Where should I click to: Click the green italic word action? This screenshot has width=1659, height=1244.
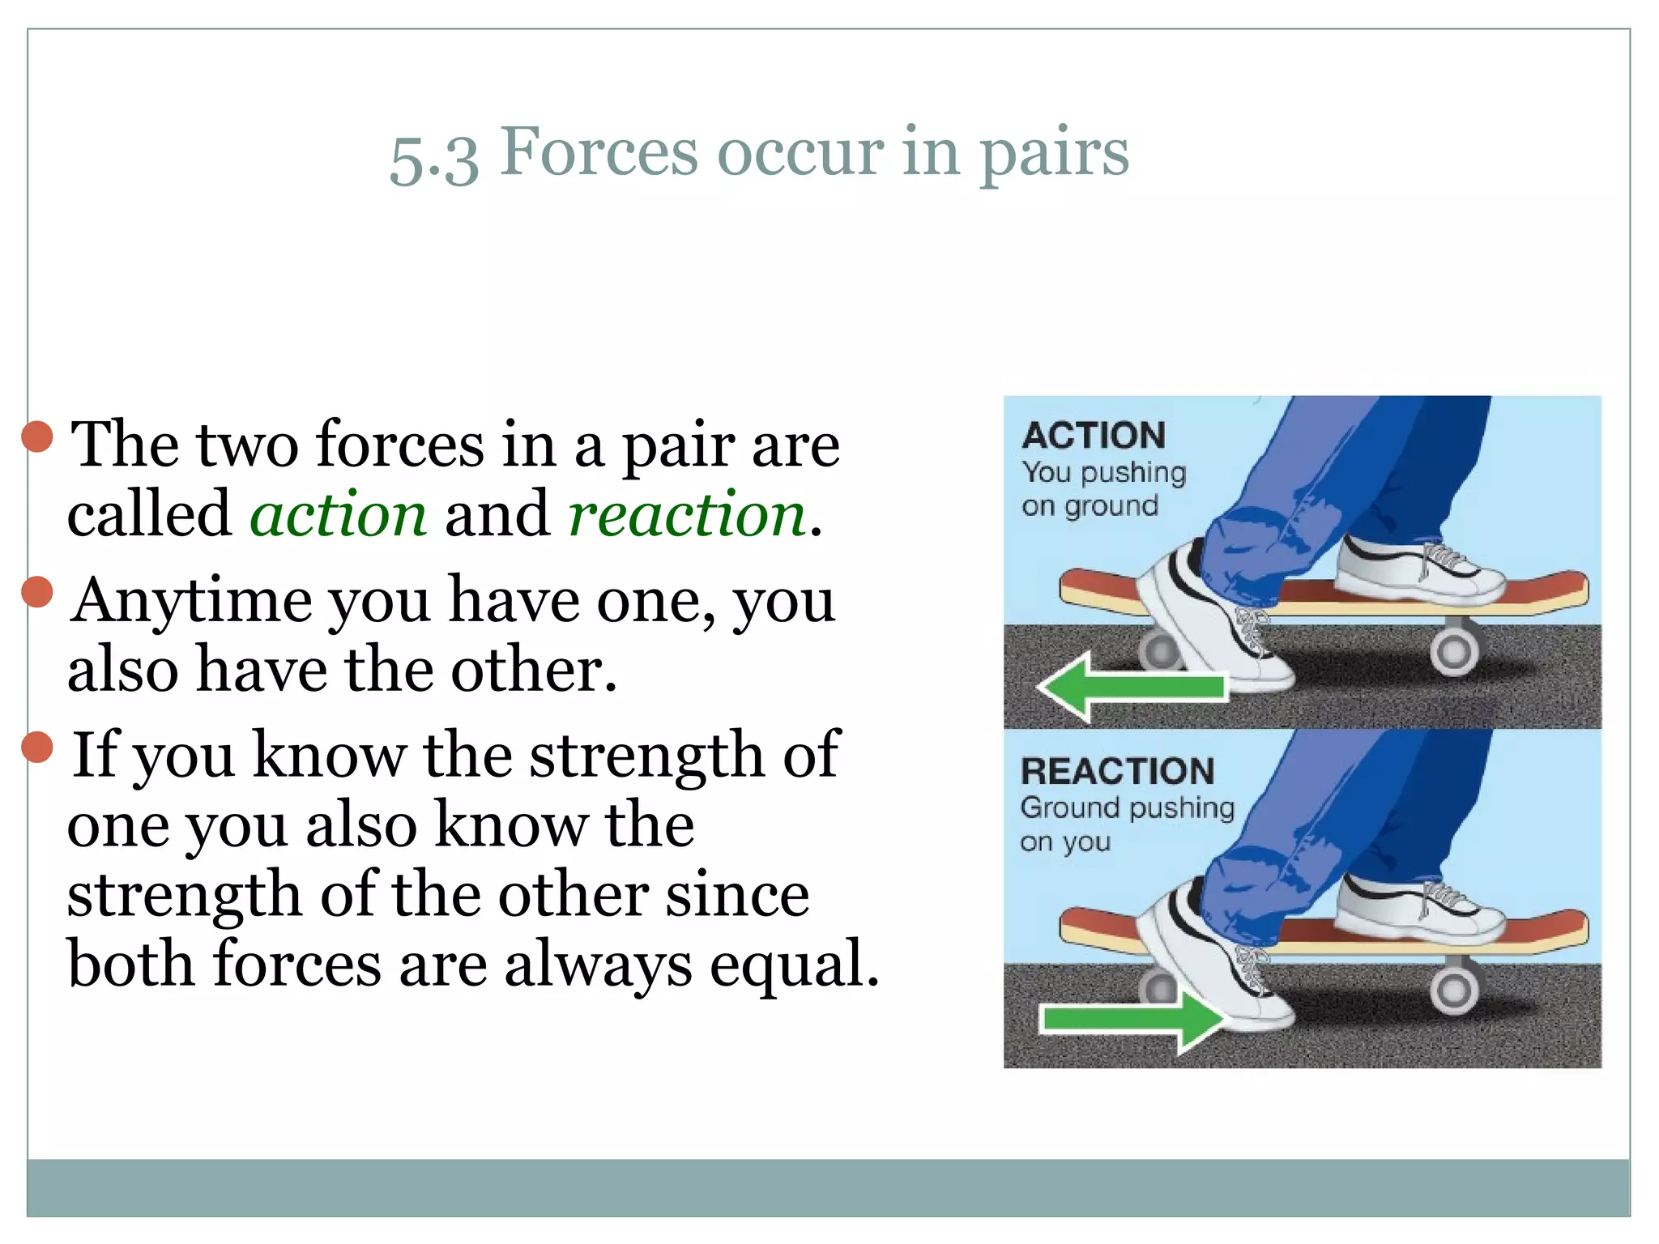coord(338,515)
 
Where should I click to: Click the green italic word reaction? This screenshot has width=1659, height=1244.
coord(687,515)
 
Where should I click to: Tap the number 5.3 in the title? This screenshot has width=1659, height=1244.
coord(434,158)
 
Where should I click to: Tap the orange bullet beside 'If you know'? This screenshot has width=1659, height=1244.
coord(37,747)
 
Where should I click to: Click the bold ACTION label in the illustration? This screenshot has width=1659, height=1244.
coord(1094,436)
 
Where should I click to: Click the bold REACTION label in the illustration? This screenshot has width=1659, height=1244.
coord(1118,771)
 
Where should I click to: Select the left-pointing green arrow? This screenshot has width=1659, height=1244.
coord(1131,688)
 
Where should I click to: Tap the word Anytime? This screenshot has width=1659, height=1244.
coord(191,602)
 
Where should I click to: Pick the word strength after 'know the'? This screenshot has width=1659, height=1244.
coord(646,755)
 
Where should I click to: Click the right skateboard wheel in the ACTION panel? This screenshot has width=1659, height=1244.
coord(1453,651)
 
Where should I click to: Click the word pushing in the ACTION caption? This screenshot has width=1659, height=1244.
coord(1133,473)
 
